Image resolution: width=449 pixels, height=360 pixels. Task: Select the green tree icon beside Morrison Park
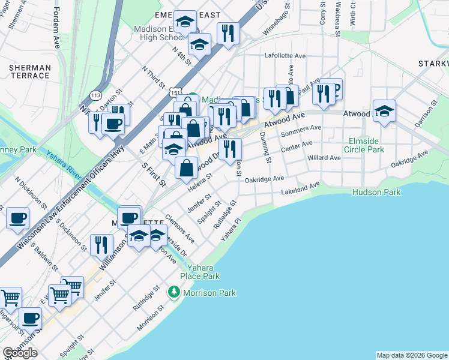pyautogui.click(x=174, y=292)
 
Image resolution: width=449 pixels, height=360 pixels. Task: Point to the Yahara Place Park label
pyautogui.click(x=203, y=271)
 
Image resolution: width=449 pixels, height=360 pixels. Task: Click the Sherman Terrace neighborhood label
pyautogui.click(x=29, y=71)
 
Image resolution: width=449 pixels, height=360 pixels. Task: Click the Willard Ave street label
pyautogui.click(x=324, y=158)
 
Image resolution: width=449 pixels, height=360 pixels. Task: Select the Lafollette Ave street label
pyautogui.click(x=285, y=55)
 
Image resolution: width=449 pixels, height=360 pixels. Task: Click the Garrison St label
pyautogui.click(x=427, y=113)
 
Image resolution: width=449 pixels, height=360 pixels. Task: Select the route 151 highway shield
pyautogui.click(x=174, y=94)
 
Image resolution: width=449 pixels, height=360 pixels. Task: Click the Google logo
pyautogui.click(x=20, y=353)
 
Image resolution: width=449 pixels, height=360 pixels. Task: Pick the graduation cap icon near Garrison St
pyautogui.click(x=384, y=110)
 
